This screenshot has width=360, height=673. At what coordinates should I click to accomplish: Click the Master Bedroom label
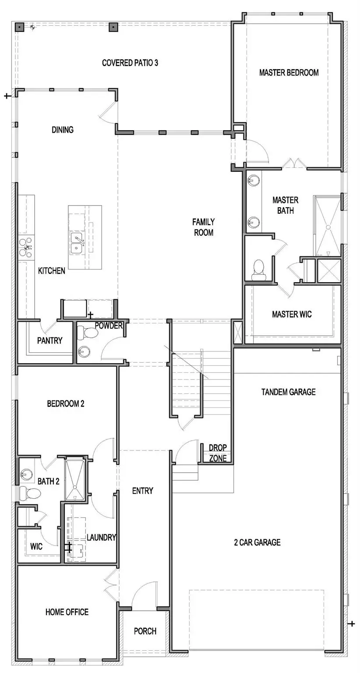[x=289, y=73]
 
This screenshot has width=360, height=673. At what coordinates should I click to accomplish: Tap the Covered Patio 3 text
[x=130, y=63]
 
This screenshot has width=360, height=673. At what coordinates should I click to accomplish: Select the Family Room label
[x=204, y=227]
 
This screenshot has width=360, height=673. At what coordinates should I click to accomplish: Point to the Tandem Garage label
[x=288, y=392]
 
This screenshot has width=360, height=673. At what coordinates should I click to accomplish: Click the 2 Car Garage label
[x=257, y=542]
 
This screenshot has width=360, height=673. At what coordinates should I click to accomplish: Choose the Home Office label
[x=67, y=612]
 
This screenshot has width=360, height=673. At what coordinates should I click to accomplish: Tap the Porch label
[x=145, y=631]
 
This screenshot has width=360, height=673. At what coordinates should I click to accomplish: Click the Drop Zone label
[x=218, y=453]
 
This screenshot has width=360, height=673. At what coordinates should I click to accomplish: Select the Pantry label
[x=49, y=340]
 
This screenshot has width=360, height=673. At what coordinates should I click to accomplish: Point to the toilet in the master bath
[x=259, y=268]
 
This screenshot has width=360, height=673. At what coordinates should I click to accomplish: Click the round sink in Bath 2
[x=27, y=474]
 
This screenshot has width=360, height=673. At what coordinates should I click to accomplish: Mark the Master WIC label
[x=292, y=314]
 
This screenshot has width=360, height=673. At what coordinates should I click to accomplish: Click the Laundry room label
[x=101, y=537]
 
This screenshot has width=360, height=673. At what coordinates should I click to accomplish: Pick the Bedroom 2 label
[x=65, y=404]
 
